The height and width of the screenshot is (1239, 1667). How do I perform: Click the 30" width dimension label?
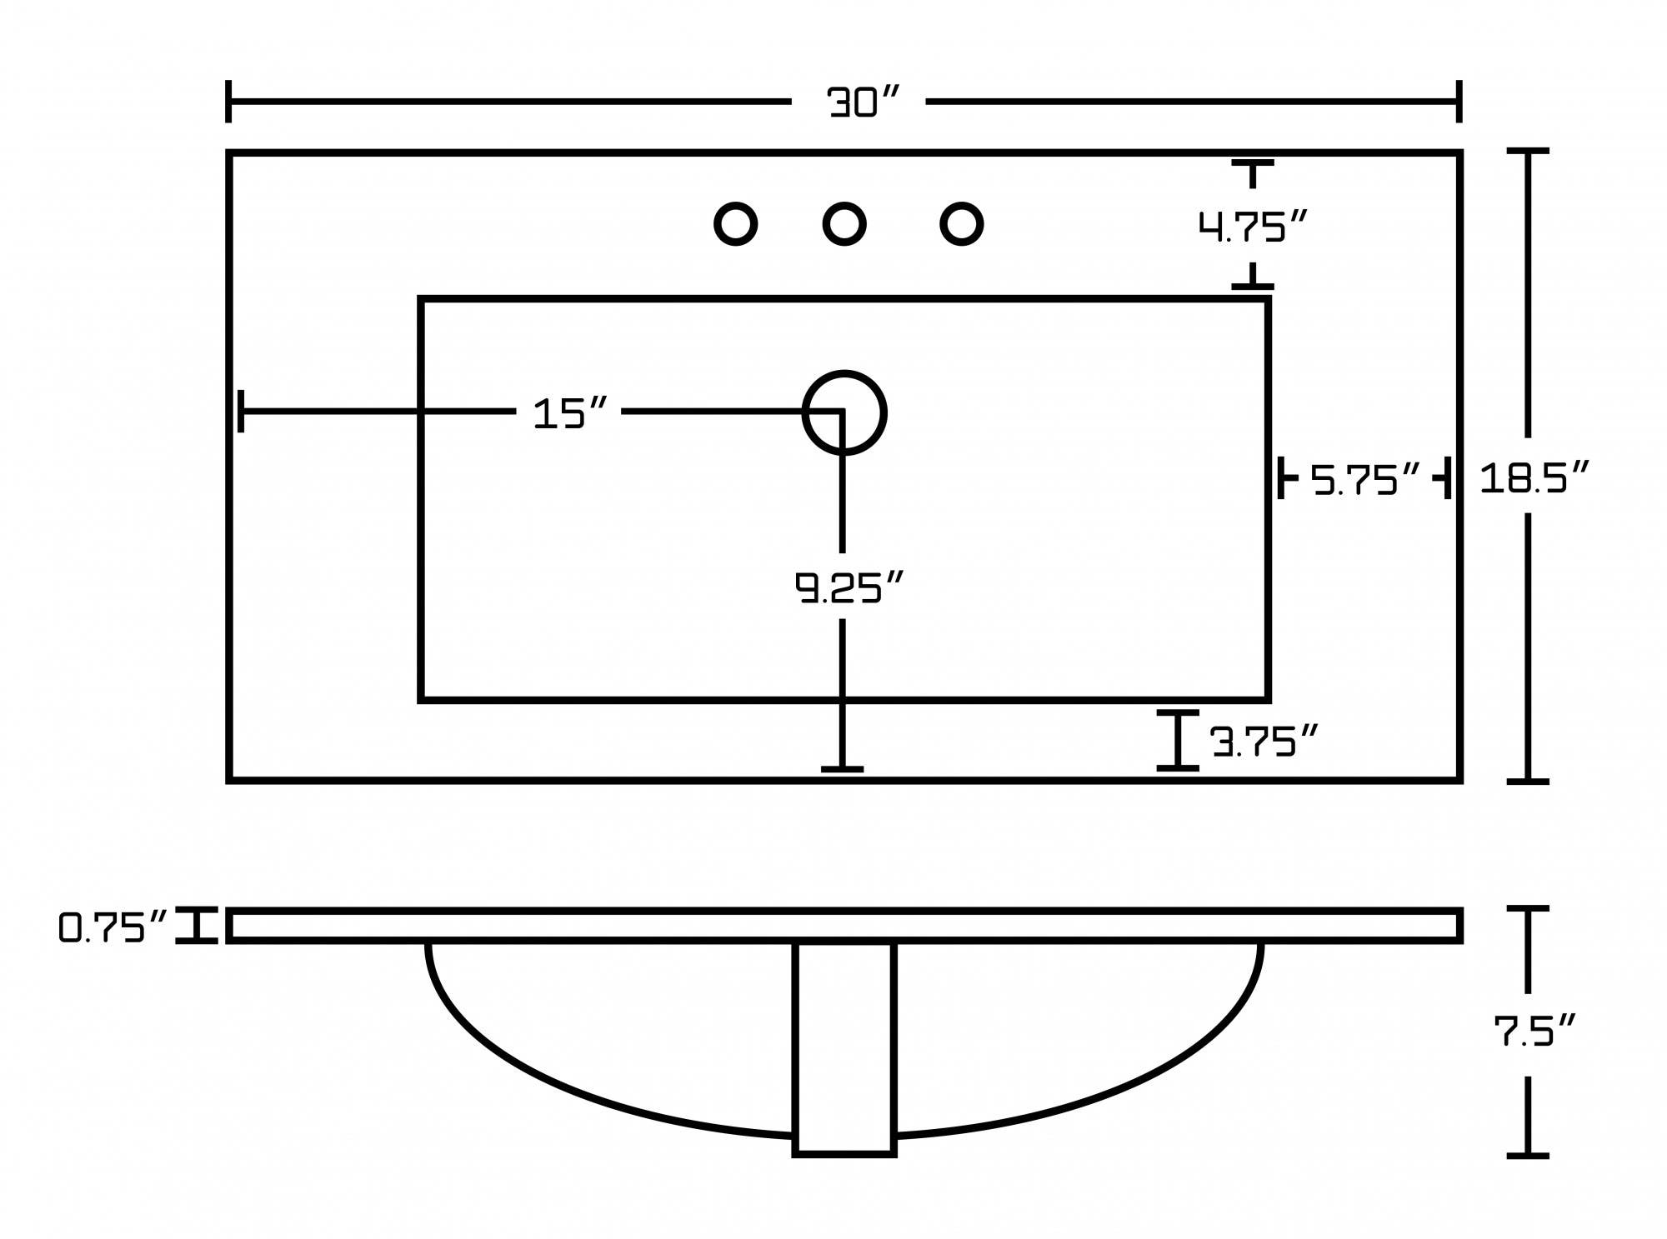pyautogui.click(x=863, y=102)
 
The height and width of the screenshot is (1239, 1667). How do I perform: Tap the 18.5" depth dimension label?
pyautogui.click(x=1534, y=477)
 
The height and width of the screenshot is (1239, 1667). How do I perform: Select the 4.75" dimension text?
pyautogui.click(x=1252, y=226)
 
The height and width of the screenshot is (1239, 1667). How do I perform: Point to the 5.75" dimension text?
pyautogui.click(x=1365, y=480)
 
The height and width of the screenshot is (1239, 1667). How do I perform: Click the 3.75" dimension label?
pyautogui.click(x=1264, y=741)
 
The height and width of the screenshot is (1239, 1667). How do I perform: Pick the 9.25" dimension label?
pyautogui.click(x=849, y=587)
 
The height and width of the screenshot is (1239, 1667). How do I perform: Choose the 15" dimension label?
pyautogui.click(x=570, y=413)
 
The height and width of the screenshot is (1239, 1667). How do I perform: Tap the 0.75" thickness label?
pyautogui.click(x=113, y=927)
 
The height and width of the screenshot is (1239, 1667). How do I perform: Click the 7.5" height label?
pyautogui.click(x=1534, y=1031)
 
